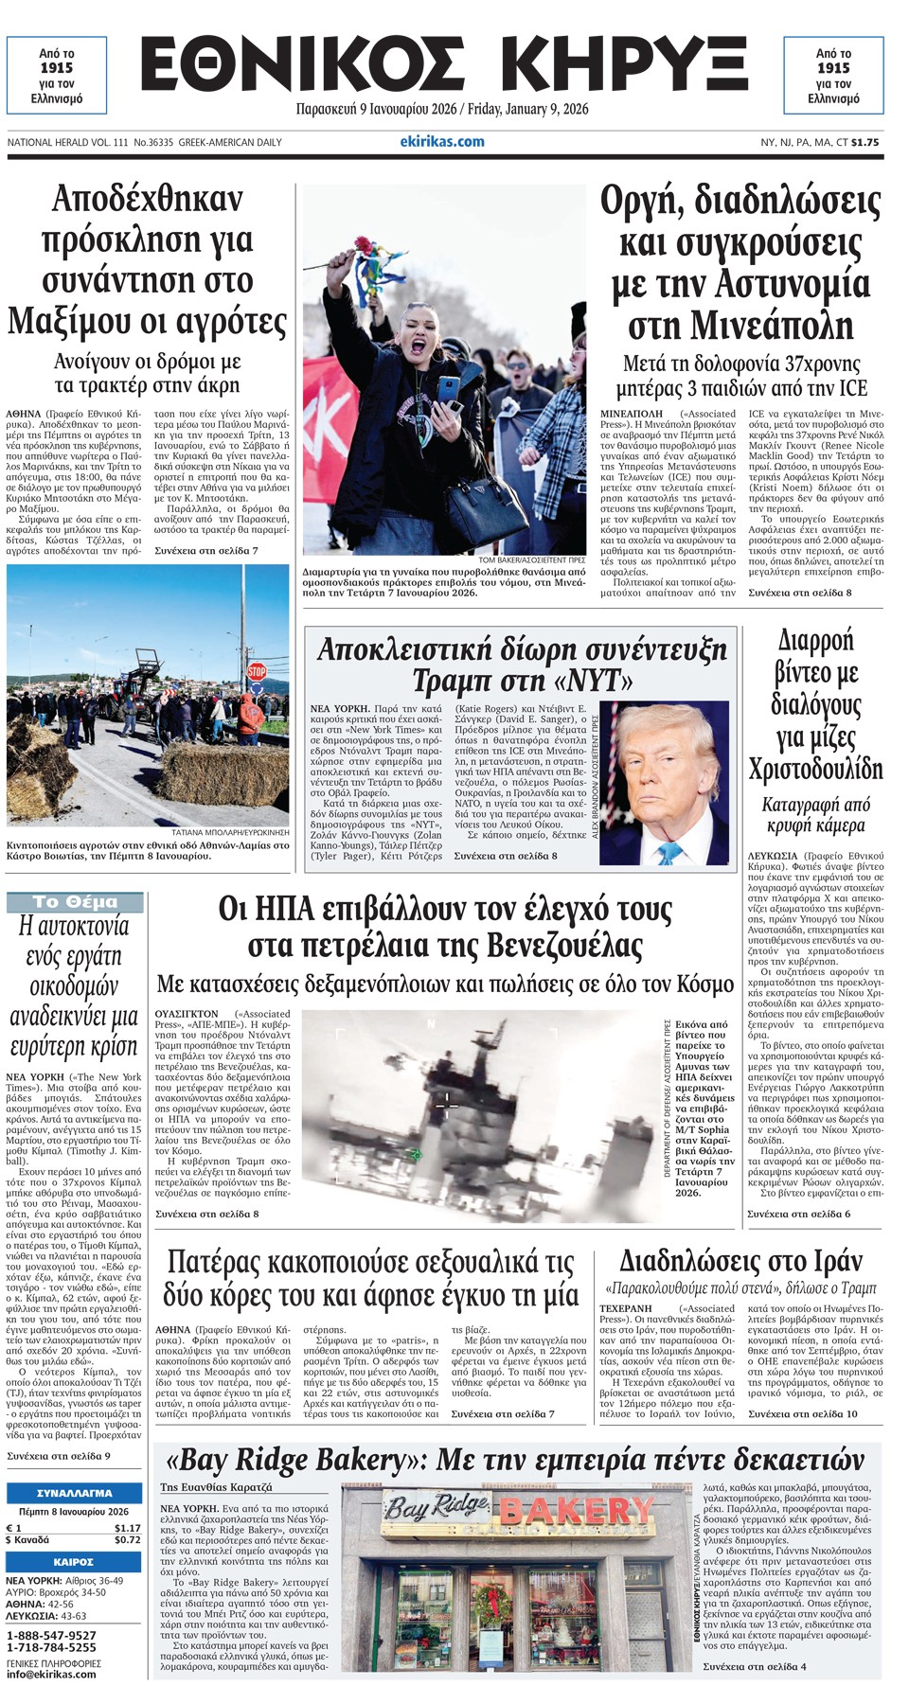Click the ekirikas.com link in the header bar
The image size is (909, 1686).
[x=442, y=142]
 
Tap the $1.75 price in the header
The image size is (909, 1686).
[x=864, y=142]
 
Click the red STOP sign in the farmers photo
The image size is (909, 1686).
[x=257, y=671]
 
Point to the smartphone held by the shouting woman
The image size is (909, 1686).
[x=448, y=388]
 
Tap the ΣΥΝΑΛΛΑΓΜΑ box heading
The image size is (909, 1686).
[x=74, y=1493]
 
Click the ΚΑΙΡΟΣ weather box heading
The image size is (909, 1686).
[x=74, y=1562]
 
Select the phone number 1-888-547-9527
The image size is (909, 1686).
[x=51, y=1636]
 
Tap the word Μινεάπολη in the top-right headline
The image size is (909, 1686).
[x=740, y=326]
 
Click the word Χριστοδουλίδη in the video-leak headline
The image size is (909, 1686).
[x=815, y=769]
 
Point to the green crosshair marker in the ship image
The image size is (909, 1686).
[x=415, y=1154]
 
